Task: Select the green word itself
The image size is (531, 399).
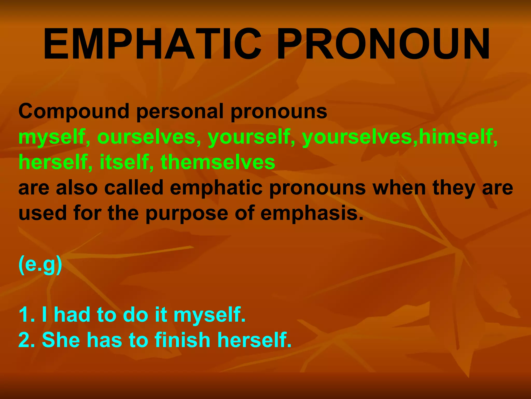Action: coord(124,162)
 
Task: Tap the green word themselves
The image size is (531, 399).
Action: coord(218,162)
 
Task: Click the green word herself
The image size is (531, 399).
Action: coord(53,162)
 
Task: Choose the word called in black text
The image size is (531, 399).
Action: coord(134,188)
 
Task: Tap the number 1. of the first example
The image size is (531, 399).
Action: coord(26,315)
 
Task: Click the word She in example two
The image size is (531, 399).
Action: coord(61,340)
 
